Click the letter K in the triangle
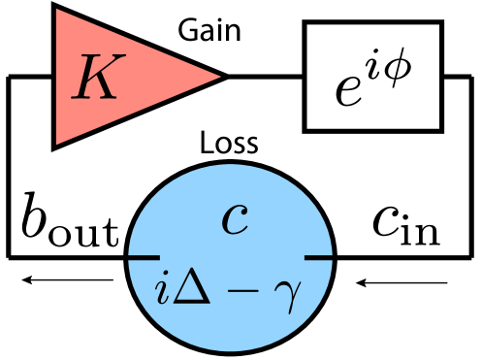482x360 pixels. click(x=96, y=78)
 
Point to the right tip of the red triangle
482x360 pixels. click(x=220, y=77)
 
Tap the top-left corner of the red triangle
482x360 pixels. click(x=57, y=10)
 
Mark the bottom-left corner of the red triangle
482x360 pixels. click(x=57, y=144)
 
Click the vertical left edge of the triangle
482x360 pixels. click(x=57, y=77)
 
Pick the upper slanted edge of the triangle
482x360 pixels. click(x=139, y=43)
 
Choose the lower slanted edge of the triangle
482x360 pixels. click(x=139, y=111)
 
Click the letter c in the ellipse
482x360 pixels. click(x=235, y=219)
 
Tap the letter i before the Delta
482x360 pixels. click(x=163, y=290)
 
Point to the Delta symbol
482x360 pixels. click(x=190, y=289)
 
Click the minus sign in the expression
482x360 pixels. click(x=237, y=292)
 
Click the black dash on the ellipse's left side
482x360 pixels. click(x=145, y=257)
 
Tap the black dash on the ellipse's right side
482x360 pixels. click(x=318, y=257)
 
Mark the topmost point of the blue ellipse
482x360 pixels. click(x=231, y=165)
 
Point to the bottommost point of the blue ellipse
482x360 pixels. click(x=231, y=349)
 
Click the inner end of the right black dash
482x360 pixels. click(x=305, y=257)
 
